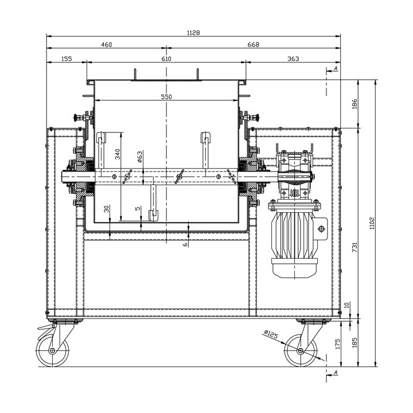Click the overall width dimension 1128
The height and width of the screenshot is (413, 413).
coord(193,33)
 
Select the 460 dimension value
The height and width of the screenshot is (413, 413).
coord(107,45)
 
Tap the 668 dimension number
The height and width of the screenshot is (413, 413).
coord(254,45)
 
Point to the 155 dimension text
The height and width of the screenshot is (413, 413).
coord(67,59)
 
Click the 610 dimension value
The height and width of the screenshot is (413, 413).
coord(166,59)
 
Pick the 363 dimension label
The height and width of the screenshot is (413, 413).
coord(293,59)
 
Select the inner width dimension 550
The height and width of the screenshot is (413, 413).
coord(166,97)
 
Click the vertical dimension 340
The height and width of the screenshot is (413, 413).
coord(118,154)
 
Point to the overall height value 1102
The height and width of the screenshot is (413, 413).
coord(372,223)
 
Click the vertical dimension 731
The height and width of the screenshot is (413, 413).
coord(355,247)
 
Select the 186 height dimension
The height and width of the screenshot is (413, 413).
coord(355,104)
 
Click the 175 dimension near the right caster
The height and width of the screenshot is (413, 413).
coord(338,344)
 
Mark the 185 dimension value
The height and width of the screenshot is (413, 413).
coord(355,342)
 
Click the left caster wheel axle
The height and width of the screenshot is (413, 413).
coord(52,350)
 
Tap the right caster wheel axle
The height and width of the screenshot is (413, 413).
coord(300,350)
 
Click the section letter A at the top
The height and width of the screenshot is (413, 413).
coord(336,68)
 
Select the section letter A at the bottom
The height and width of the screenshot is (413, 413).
coord(336,372)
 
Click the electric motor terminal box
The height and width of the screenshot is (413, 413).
coord(322,229)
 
